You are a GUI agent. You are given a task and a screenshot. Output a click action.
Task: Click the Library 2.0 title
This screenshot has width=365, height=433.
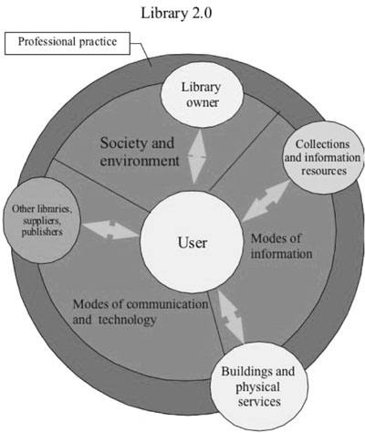176,14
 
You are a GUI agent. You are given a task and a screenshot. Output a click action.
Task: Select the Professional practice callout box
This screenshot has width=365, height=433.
68,43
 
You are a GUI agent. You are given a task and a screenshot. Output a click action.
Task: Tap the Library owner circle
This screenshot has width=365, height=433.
202,96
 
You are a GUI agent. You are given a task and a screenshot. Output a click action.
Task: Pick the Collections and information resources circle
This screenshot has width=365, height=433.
323,157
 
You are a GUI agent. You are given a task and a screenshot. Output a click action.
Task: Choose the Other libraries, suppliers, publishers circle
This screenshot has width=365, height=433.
42,221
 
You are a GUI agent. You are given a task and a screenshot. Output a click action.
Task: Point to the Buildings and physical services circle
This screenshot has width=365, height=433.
258,386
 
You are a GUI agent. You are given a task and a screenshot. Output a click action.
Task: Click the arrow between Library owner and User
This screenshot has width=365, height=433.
197,157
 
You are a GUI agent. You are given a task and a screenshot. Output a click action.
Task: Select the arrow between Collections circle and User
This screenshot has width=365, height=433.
266,200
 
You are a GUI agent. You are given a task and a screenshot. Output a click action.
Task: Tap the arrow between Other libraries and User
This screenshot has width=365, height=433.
110,229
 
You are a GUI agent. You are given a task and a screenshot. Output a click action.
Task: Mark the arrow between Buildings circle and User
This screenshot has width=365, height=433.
231,316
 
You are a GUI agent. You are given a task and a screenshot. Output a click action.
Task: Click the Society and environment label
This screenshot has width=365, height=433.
140,152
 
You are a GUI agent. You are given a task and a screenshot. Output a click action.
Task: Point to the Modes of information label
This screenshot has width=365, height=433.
281,246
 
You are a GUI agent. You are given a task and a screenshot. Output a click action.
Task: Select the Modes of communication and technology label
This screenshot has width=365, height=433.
141,312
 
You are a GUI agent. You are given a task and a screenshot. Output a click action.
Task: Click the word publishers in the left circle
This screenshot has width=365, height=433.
42,232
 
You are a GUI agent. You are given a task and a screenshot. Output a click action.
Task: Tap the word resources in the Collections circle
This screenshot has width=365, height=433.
324,171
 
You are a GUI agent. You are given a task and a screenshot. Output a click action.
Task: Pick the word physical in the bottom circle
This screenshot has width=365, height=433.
257,387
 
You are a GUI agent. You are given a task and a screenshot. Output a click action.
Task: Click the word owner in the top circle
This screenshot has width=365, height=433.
203,102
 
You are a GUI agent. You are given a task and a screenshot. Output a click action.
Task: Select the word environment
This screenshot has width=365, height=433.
140,161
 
